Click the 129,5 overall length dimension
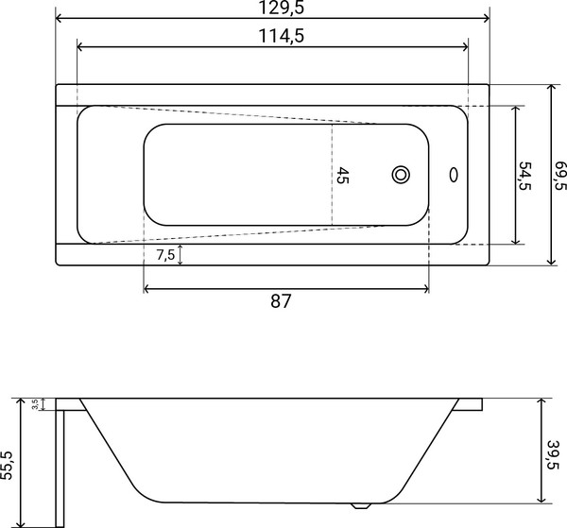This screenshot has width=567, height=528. pos(272,8)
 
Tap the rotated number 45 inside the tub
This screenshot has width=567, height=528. pos(343,175)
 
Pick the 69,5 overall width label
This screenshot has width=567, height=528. pos(558,175)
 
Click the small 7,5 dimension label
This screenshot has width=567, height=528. pos(164,256)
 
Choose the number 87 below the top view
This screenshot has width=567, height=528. pos(281,302)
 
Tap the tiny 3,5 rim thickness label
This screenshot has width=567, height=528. pos(35,404)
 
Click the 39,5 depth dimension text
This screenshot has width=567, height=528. pos(556,450)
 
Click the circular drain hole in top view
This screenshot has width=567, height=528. pos(401,175)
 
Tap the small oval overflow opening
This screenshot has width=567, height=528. pos(455,175)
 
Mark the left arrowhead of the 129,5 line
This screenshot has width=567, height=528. pos(60,18)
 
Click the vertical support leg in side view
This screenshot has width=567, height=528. pos(58,463)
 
